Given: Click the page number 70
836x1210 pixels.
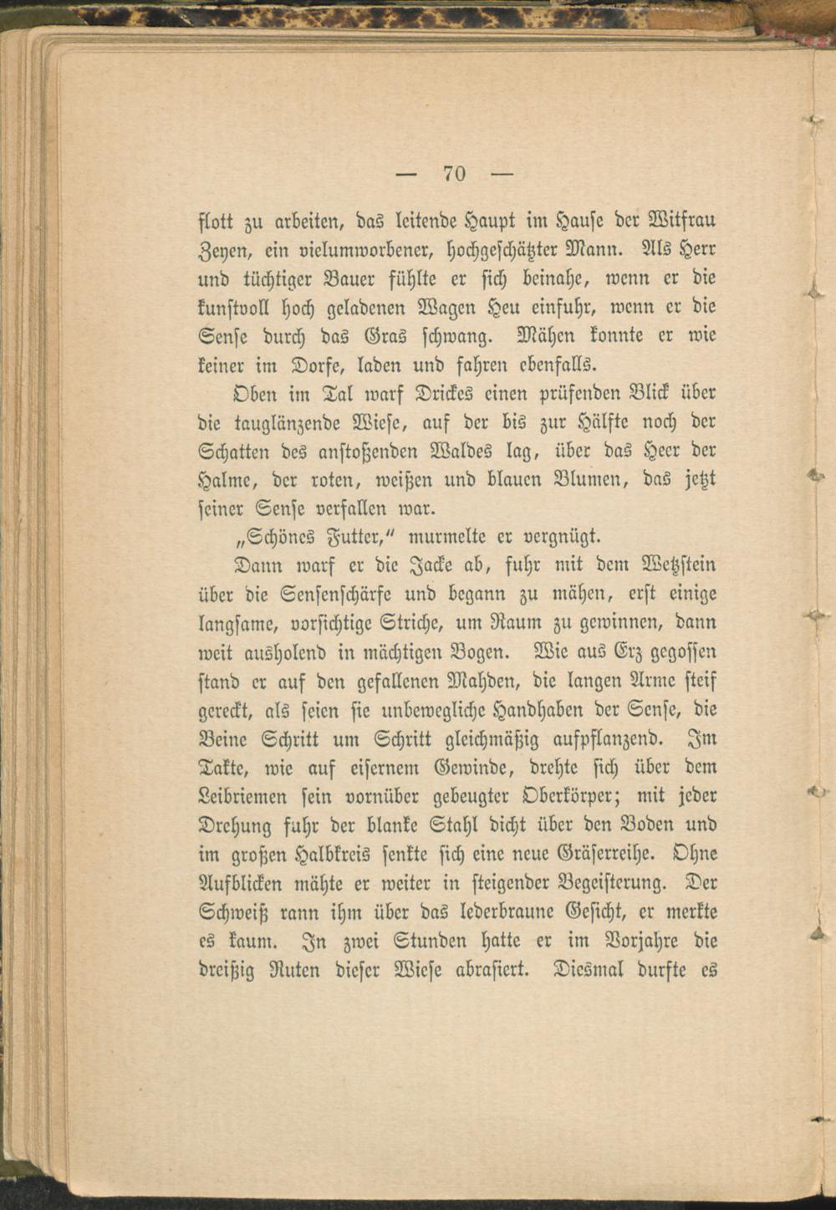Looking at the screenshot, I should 454,173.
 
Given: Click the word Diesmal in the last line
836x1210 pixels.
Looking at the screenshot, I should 586,970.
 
